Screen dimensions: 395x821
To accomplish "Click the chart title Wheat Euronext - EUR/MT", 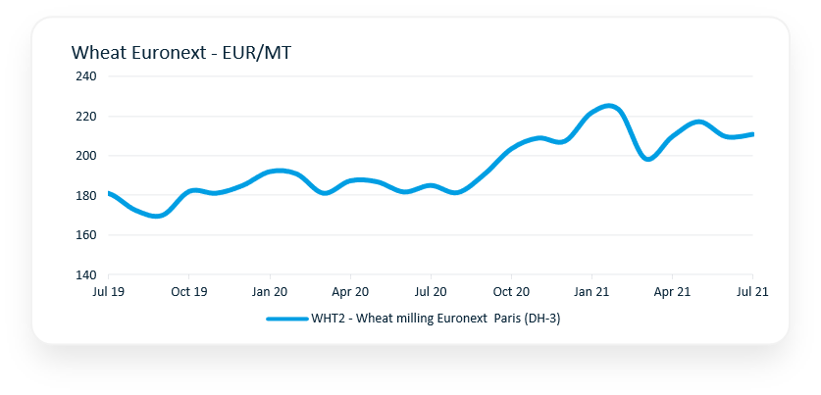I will [x=180, y=53].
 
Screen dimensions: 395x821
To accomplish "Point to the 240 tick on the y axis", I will [x=85, y=76].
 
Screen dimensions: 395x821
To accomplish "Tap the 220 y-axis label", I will [x=85, y=117].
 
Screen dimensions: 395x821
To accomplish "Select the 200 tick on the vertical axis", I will [x=85, y=156].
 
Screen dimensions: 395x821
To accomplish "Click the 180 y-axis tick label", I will [x=85, y=196].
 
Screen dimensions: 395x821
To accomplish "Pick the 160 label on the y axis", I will [x=85, y=235].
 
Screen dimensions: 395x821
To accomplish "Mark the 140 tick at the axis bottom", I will [x=85, y=275].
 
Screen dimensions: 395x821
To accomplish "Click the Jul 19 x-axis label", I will [x=109, y=292].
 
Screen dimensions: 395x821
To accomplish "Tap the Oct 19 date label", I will [x=189, y=292].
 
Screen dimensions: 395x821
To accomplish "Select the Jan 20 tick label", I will [x=270, y=292].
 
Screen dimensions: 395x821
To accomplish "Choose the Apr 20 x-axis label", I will [x=350, y=292].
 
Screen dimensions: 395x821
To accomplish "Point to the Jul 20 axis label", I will [x=431, y=292].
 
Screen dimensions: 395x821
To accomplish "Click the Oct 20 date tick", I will [x=511, y=292].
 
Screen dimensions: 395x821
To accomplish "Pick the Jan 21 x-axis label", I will [x=591, y=292].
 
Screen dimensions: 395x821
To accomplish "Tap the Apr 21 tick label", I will [x=672, y=292].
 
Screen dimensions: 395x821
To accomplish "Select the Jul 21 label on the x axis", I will [x=751, y=292].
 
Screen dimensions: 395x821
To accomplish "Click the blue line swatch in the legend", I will [x=286, y=319].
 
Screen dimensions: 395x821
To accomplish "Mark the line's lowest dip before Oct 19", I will [x=157, y=216].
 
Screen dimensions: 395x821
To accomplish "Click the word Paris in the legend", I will [x=504, y=319].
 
